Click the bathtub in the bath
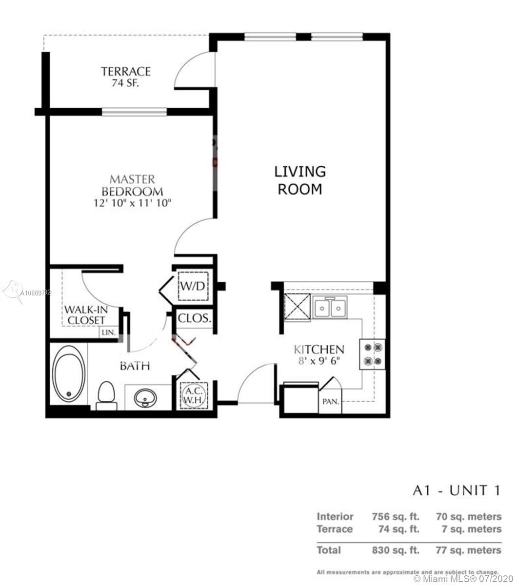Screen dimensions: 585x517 point(69,373)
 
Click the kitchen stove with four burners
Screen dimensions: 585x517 point(373,354)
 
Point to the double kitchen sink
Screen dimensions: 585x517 point(330,308)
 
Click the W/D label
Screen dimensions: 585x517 point(193,285)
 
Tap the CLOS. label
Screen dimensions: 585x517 point(194,319)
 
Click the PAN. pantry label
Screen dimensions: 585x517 point(331,402)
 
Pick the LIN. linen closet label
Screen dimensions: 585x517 point(108,332)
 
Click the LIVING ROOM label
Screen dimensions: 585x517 point(299,180)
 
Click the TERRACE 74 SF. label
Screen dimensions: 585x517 point(126,77)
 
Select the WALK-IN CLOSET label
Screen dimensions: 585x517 point(86,314)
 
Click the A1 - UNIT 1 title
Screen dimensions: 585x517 point(456,490)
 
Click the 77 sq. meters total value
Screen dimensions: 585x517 point(468,550)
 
